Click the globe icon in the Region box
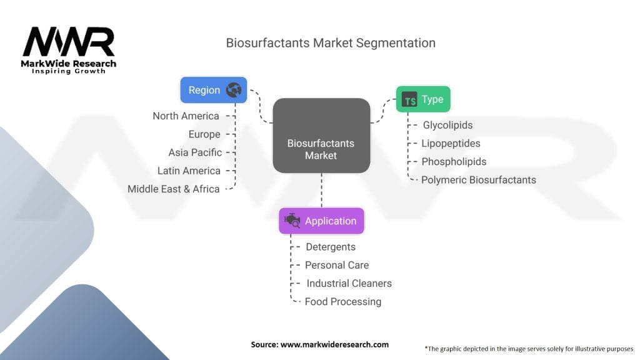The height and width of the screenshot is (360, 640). tap(234, 90)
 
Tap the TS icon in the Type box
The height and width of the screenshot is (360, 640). tap(409, 99)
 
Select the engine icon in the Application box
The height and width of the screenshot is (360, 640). tap(292, 221)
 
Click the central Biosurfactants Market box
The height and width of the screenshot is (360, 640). tap(322, 136)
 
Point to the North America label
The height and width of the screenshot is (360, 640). tap(186, 116)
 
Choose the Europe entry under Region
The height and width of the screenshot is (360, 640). tap(204, 134)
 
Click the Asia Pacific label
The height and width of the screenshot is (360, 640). tap(195, 152)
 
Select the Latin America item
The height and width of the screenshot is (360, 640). tap(189, 171)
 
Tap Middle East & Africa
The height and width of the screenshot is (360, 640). tap(174, 189)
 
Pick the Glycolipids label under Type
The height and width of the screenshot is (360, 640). tap(447, 125)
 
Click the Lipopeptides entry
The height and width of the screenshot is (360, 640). tap(451, 143)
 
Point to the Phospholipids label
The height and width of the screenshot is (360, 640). tap(454, 162)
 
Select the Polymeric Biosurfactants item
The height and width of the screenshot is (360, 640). tap(478, 180)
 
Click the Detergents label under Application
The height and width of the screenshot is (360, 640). tap(331, 247)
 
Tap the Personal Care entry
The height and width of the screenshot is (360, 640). tap(337, 265)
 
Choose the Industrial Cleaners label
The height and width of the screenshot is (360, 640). tap(349, 283)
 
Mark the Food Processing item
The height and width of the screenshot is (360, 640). tap(343, 302)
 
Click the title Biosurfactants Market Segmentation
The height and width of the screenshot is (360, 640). tap(331, 43)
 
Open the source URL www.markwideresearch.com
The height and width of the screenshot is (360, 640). tap(335, 344)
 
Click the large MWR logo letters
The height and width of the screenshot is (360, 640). tap(69, 42)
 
